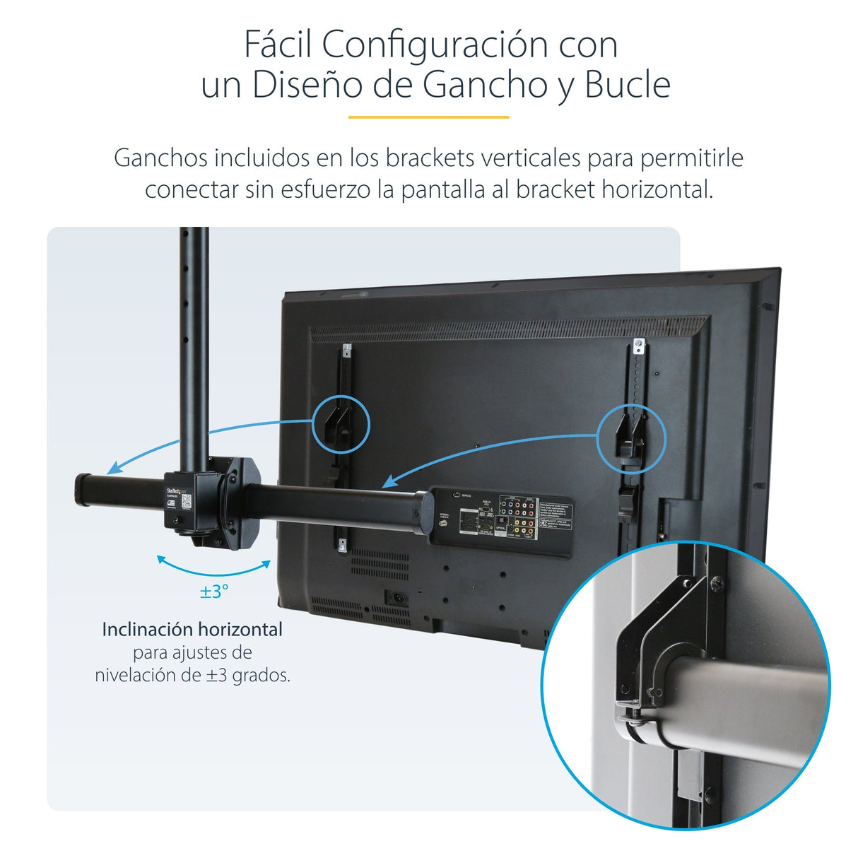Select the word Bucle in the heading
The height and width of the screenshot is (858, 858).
(627, 85)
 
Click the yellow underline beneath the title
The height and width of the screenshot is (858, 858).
(428, 117)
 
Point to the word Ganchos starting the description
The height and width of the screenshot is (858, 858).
(160, 158)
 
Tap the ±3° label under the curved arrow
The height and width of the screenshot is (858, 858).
(213, 591)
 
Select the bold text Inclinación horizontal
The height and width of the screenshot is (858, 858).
(192, 629)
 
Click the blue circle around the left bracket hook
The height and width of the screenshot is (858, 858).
(341, 424)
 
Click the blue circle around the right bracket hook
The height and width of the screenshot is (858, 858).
(631, 438)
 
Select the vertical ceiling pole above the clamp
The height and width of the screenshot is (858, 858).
(194, 346)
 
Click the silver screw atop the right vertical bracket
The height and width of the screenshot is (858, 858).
(639, 346)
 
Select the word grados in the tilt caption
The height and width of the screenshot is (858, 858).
(261, 675)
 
